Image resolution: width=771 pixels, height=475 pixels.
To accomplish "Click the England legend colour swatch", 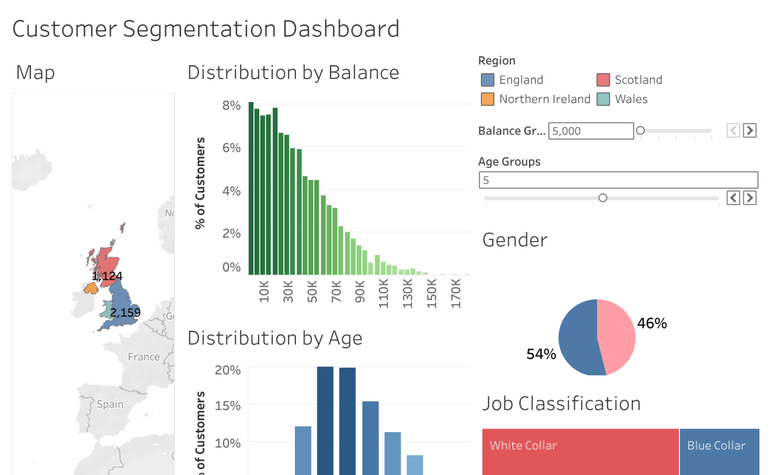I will click(487, 80).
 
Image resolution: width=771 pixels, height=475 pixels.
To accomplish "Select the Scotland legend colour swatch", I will click(603, 80).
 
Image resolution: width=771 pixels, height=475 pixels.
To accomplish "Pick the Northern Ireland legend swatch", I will click(487, 99).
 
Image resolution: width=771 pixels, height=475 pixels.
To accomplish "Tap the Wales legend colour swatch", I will click(603, 99).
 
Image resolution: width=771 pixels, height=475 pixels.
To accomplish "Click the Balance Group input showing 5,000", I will click(590, 131).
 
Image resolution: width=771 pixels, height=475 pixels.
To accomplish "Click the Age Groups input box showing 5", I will click(618, 180).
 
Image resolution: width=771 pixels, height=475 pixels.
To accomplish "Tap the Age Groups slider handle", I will click(603, 198).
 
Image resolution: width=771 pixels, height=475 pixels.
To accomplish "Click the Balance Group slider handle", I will click(640, 130).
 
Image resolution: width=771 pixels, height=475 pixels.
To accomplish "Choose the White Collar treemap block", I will click(580, 451).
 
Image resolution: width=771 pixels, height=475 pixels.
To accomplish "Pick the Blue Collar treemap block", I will click(719, 451).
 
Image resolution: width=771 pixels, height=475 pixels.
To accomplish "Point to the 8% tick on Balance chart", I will click(231, 105).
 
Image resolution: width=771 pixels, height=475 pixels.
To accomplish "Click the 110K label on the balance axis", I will click(383, 293).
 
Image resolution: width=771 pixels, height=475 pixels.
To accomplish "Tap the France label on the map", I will click(144, 357).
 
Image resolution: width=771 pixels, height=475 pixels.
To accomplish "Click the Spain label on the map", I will click(110, 404).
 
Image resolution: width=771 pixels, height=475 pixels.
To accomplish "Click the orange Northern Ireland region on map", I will click(91, 288).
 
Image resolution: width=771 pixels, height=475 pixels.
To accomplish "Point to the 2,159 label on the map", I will click(125, 313).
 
